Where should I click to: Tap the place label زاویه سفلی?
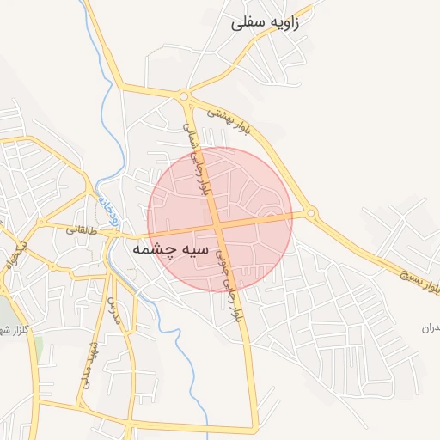266,23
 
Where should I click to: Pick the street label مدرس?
113,310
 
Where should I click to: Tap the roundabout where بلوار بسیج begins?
311,212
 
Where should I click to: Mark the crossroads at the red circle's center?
220,224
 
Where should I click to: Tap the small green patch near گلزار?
38,348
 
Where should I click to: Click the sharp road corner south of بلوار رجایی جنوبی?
255,427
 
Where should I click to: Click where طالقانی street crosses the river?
111,235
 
